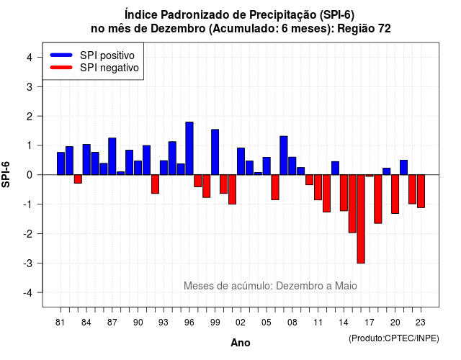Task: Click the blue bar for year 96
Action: [x=189, y=148]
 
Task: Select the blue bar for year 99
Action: [x=215, y=152]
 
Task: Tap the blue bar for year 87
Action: [x=112, y=156]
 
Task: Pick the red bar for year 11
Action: [x=318, y=187]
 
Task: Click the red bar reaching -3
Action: [x=361, y=219]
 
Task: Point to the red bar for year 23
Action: [x=421, y=192]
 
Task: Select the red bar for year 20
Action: [x=395, y=194]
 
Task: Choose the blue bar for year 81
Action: [x=61, y=163]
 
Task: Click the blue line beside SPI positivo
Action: [x=61, y=55]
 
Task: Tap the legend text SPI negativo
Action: [x=109, y=68]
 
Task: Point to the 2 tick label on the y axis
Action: [x=30, y=117]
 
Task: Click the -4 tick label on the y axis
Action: [x=28, y=293]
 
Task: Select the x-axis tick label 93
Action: [x=164, y=323]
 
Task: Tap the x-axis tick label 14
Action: [x=343, y=323]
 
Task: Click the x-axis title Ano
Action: [x=241, y=343]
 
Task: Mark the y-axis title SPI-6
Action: [x=6, y=174]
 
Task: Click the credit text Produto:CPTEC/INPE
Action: [x=394, y=338]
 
